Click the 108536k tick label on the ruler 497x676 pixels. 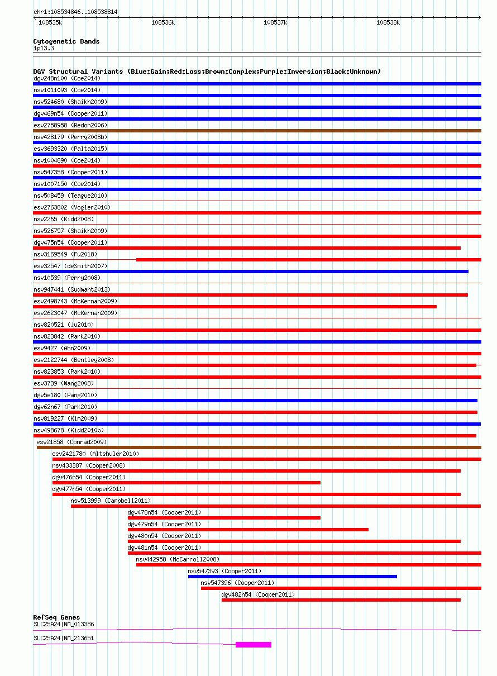coord(163,23)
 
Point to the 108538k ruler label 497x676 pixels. coord(388,23)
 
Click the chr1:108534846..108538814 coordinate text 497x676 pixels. coord(75,12)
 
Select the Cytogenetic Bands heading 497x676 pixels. coord(66,41)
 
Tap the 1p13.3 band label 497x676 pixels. coord(44,48)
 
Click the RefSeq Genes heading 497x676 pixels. coord(56,617)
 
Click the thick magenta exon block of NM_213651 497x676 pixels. coord(254,645)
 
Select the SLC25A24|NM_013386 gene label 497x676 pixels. coord(64,624)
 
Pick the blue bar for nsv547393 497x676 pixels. coord(293,577)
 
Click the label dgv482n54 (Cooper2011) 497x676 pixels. coord(258,594)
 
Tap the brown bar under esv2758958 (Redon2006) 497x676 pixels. coord(257,131)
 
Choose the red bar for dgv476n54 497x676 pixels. coord(187,483)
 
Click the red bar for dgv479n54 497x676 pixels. coord(248,530)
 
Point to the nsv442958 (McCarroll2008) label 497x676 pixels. coord(178,559)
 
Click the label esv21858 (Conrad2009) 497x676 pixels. coord(71,442)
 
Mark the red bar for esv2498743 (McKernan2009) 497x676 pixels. coord(235,307)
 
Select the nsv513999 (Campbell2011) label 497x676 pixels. coord(111,501)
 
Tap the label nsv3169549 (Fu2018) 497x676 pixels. coord(65,254)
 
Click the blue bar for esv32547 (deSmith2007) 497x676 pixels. coord(251,272)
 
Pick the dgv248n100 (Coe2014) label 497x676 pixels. coord(67,78)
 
